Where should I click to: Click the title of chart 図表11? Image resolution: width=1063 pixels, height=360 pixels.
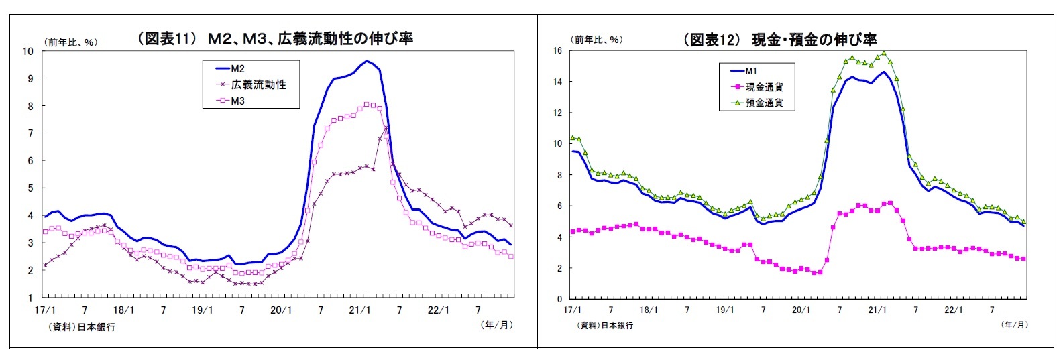(x=275, y=38)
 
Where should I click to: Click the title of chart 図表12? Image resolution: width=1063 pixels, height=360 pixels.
(x=779, y=40)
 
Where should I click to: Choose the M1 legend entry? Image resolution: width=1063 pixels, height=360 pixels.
(x=751, y=71)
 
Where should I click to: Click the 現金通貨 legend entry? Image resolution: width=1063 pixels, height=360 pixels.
(x=764, y=87)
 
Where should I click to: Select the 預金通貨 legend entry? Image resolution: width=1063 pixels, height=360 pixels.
(x=764, y=103)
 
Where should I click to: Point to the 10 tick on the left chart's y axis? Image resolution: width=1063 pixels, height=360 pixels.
(x=27, y=51)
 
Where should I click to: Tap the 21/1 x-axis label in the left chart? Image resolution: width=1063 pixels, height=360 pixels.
(x=360, y=310)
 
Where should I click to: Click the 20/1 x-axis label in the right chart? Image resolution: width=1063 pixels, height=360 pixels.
(x=801, y=310)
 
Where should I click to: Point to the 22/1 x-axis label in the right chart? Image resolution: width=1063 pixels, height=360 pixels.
(x=953, y=310)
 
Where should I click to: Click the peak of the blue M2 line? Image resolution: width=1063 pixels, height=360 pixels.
(x=366, y=61)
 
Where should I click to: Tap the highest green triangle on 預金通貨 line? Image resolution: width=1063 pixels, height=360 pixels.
(x=884, y=53)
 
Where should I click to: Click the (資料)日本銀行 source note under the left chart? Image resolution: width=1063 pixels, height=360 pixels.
(x=81, y=327)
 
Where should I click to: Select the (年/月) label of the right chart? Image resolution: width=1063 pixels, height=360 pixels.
(x=1013, y=325)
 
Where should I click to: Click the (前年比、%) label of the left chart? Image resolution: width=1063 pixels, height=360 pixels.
(x=71, y=42)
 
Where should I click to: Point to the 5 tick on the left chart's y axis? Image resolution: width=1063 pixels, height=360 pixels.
(x=30, y=188)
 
